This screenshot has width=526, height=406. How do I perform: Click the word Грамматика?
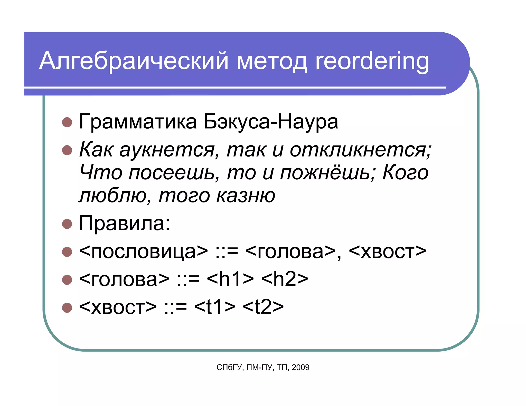[138, 122]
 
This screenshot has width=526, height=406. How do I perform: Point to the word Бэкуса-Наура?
[271, 122]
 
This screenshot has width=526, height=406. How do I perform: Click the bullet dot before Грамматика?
[67, 122]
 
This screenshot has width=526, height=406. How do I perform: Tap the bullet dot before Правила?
[67, 224]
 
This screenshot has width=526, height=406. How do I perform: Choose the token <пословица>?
[143, 252]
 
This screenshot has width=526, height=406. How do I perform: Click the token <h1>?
[230, 279]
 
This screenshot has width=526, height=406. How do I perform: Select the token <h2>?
[285, 279]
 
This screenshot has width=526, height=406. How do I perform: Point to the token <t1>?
[215, 307]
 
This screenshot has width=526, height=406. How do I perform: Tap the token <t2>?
[263, 307]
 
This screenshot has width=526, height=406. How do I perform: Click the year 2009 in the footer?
[300, 368]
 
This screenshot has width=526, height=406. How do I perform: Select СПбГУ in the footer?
[229, 368]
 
